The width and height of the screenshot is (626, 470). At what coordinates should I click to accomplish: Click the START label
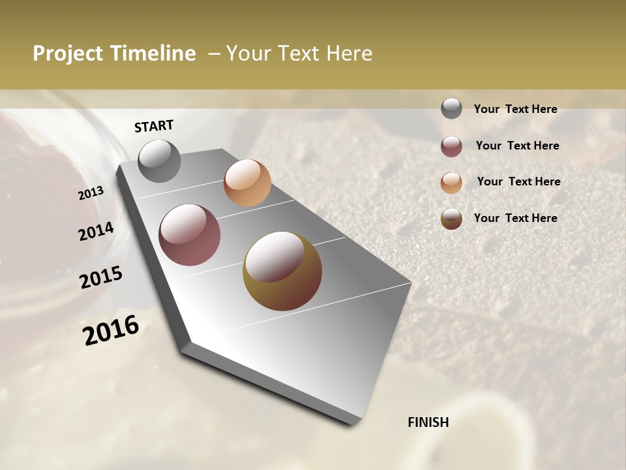pos(154,126)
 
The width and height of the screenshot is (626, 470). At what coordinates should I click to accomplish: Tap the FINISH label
pos(428,422)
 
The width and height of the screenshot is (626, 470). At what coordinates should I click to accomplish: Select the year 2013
pos(91,193)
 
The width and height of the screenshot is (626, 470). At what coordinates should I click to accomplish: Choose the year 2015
pos(101,277)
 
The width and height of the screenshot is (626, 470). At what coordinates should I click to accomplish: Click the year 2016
pos(111,330)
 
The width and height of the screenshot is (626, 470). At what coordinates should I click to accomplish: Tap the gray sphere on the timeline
pos(160,161)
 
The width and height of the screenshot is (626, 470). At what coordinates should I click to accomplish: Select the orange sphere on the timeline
pos(247,183)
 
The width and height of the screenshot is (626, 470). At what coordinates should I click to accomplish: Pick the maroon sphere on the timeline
pos(190,235)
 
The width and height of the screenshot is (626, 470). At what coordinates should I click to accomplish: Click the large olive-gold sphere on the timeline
pos(282,270)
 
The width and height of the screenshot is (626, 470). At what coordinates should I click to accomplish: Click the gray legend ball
pos(451,109)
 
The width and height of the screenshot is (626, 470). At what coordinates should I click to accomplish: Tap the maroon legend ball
pos(451,146)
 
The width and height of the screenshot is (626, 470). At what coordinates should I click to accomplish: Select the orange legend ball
pos(451,183)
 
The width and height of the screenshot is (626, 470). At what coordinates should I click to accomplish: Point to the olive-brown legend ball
pos(451,219)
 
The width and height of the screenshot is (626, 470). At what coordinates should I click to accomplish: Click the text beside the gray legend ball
pos(515,110)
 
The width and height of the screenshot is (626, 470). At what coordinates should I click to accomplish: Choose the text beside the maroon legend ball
pos(517,146)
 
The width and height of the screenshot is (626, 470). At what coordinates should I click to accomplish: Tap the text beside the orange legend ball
pos(518,181)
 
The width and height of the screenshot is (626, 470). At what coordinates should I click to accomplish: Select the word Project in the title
pos(68,54)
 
